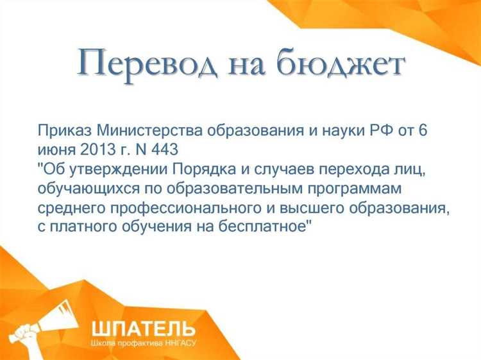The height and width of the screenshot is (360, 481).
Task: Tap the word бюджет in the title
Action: point(342,65)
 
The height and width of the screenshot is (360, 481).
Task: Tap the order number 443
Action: point(163,150)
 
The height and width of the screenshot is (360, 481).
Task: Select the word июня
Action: point(57,150)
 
